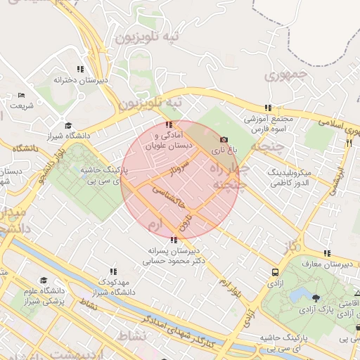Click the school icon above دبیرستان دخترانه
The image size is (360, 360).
pyautogui.click(x=80, y=69)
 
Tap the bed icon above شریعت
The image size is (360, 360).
pyautogui.click(x=21, y=95)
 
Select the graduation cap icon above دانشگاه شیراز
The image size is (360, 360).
pyautogui.click(x=68, y=125)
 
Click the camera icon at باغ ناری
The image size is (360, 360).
pyautogui.click(x=224, y=139)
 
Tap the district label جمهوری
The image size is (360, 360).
pyautogui.click(x=287, y=74)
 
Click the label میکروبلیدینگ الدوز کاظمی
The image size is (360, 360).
pyautogui.click(x=295, y=177)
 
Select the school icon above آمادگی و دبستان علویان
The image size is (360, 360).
pyautogui.click(x=167, y=124)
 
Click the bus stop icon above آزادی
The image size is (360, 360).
pyautogui.click(x=275, y=272)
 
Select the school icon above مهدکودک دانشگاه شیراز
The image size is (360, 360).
pyautogui.click(x=113, y=271)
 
